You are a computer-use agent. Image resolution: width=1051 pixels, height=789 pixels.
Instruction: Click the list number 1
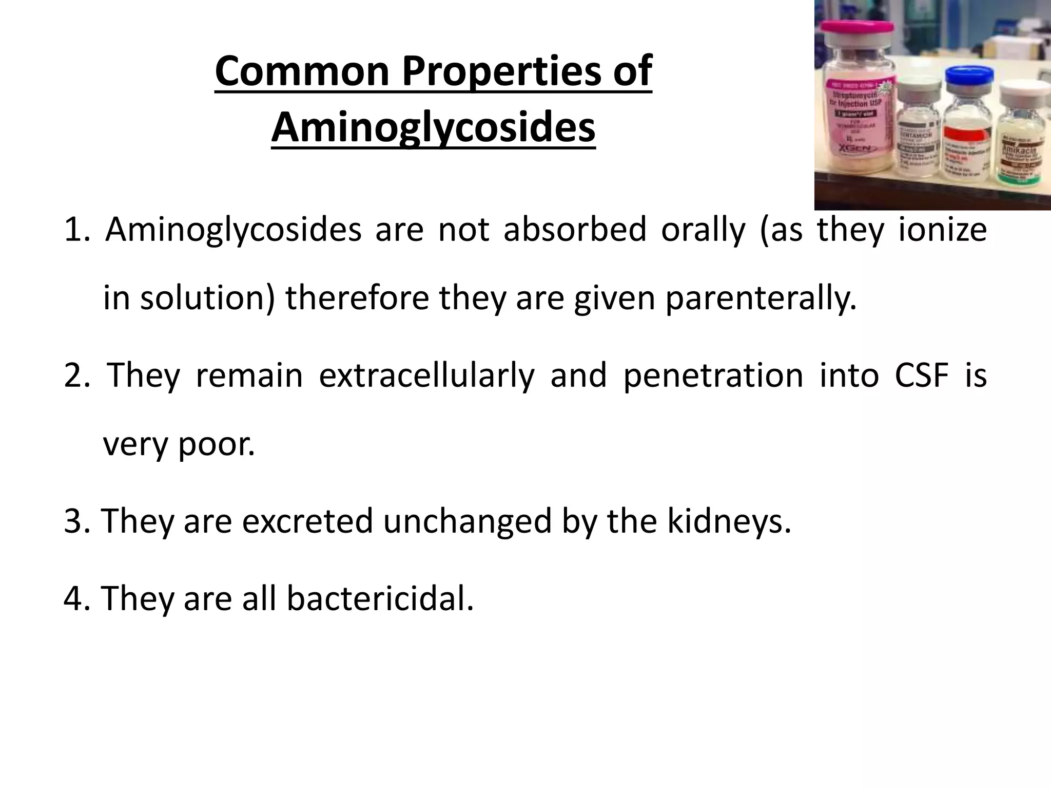click(x=77, y=230)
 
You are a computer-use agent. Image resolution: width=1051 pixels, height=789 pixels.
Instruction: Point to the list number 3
click(x=77, y=521)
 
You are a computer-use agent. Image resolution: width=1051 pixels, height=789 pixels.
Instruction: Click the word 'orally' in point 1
click(x=703, y=230)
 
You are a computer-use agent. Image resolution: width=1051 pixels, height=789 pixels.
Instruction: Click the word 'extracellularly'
click(x=426, y=375)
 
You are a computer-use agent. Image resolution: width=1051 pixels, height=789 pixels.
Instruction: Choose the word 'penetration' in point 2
click(x=713, y=375)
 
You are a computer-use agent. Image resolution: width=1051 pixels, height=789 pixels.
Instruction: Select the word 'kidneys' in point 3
click(x=729, y=521)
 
